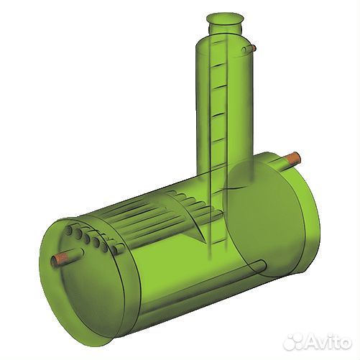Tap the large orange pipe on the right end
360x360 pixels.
pyautogui.click(x=290, y=160)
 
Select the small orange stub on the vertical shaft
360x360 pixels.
pyautogui.click(x=254, y=48)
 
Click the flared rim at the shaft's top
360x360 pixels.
pyautogui.click(x=225, y=19)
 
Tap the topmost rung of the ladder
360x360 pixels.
pyautogui.click(x=218, y=42)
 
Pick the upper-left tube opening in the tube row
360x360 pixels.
pyautogui.click(x=69, y=230)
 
